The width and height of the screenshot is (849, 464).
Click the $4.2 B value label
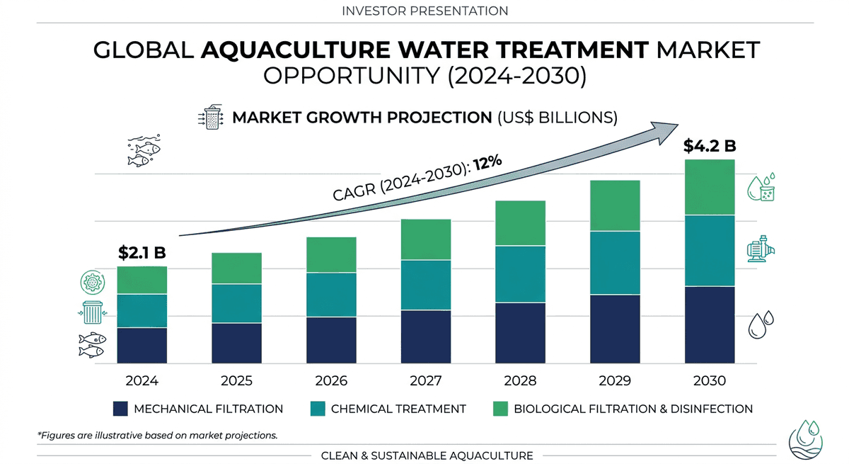(x=709, y=146)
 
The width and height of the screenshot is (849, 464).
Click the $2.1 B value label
(x=141, y=252)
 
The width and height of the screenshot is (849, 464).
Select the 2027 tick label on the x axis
(x=426, y=380)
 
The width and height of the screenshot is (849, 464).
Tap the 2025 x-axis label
(x=236, y=380)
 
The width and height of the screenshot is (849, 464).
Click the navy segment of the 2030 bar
(x=710, y=325)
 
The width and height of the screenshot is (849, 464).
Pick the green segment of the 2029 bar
(x=615, y=205)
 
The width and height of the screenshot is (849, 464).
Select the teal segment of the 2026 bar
(x=331, y=295)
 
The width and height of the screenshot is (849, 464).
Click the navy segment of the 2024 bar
(x=141, y=346)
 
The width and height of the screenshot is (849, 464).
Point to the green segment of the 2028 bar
(x=520, y=223)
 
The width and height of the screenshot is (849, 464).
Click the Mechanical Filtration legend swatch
(x=120, y=409)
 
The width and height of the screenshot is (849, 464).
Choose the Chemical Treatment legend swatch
(x=317, y=409)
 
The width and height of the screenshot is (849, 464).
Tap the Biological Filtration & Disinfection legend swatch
(x=500, y=409)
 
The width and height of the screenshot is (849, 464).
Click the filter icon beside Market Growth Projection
(x=211, y=118)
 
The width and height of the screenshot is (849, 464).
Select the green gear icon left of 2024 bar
(x=92, y=282)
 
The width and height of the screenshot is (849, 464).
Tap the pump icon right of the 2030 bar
(x=761, y=249)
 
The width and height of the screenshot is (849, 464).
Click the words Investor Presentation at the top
(x=424, y=11)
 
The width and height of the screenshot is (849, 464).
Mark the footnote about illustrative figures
(x=157, y=435)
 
